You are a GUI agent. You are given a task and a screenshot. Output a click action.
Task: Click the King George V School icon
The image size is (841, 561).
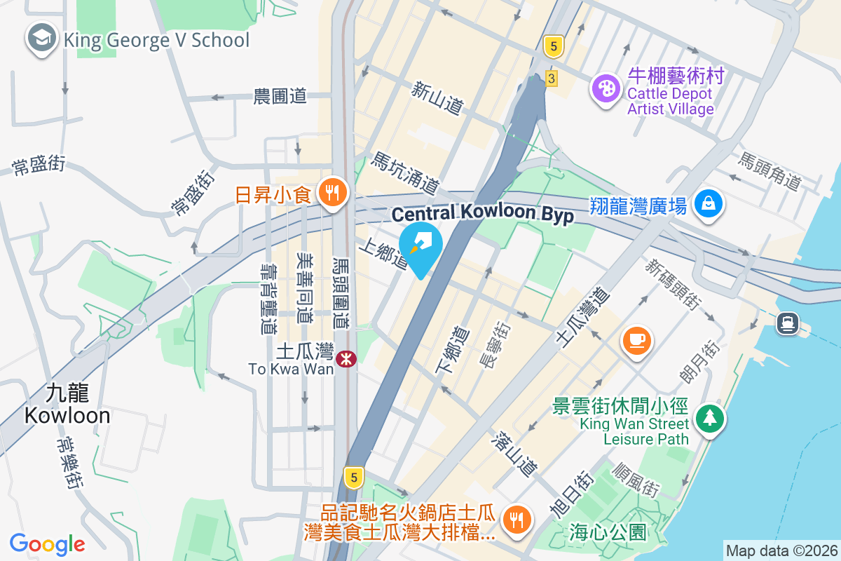42,39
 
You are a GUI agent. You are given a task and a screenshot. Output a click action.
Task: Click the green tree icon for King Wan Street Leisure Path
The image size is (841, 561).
710,419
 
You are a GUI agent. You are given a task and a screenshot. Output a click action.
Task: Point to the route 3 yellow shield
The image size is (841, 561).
552,79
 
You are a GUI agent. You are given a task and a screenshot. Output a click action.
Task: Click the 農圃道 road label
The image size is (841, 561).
280,97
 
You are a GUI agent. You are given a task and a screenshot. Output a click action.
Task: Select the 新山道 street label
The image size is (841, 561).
437,98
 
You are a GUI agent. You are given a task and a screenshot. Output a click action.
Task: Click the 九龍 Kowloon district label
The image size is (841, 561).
67,404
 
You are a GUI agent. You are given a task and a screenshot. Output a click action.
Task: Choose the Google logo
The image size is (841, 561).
48,543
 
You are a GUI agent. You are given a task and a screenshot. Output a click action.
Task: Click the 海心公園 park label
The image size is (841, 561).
608,532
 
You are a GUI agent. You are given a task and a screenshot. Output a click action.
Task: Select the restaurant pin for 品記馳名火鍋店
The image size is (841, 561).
518,520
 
